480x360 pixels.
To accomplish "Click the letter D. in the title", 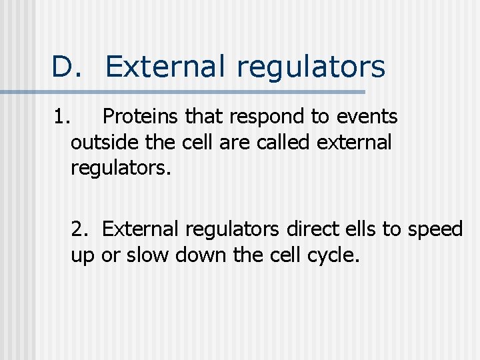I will [67, 67].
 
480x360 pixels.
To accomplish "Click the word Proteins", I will [141, 117].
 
